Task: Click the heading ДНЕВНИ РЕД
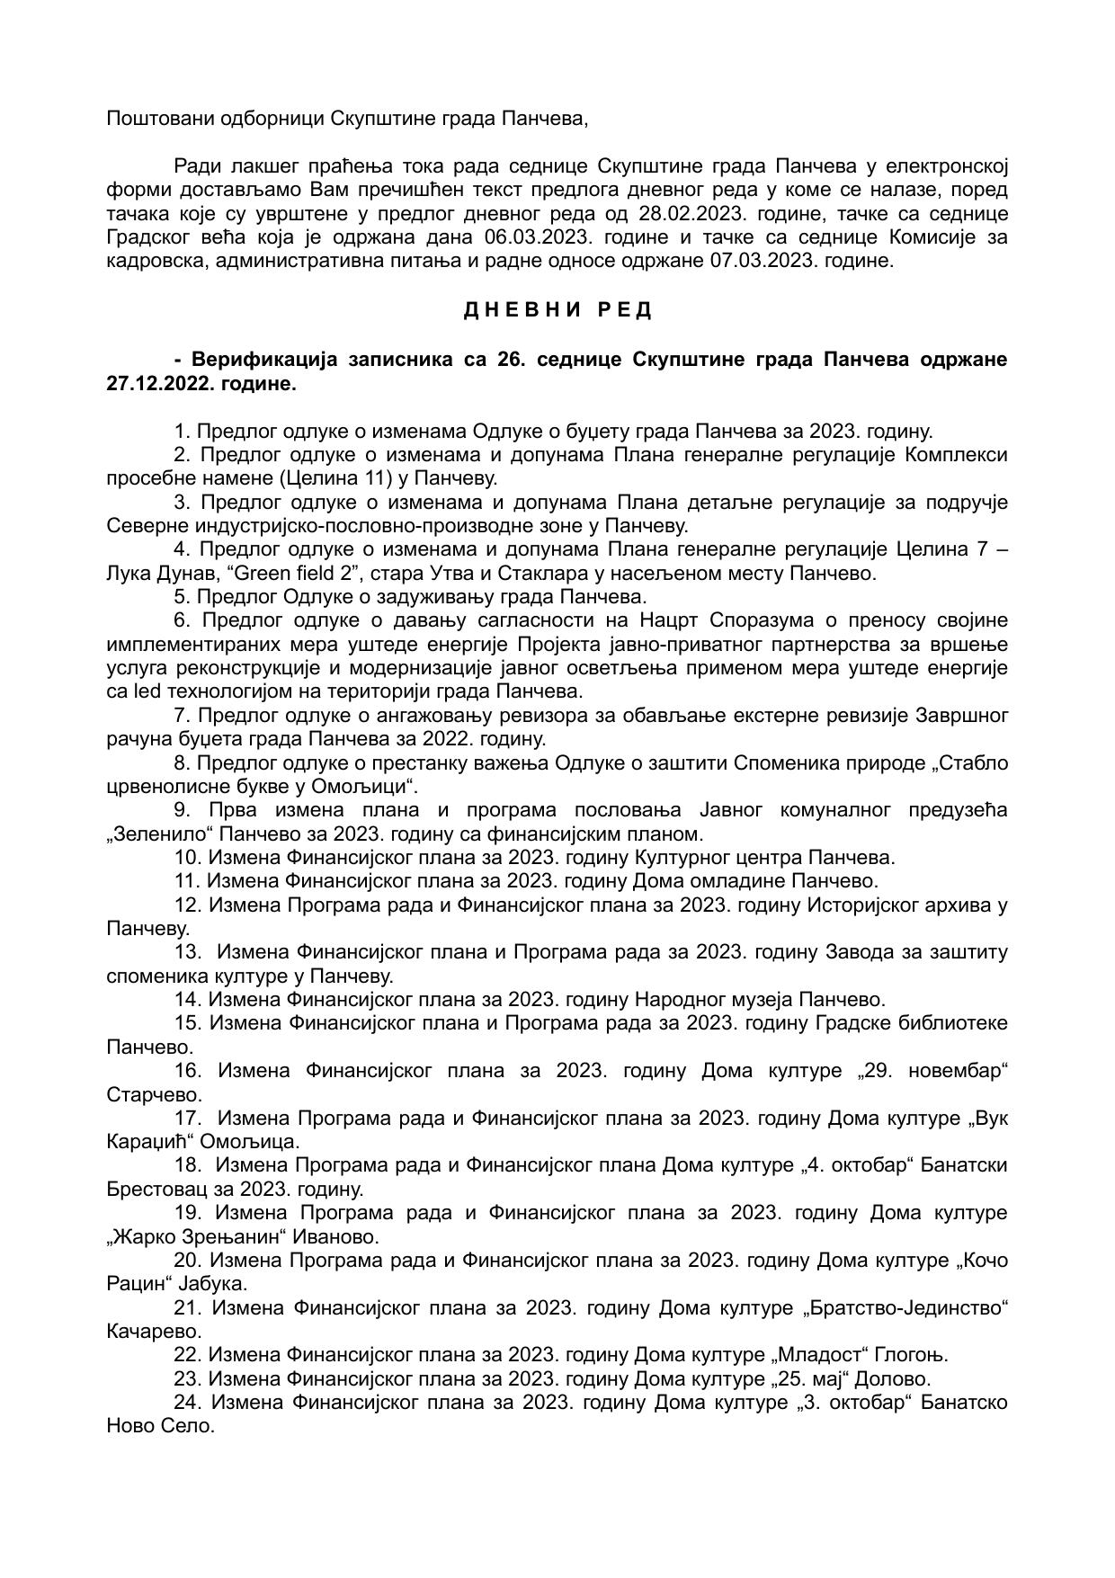pyautogui.click(x=557, y=310)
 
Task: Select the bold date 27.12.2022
pyautogui.click(x=153, y=384)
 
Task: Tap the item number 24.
pyautogui.click(x=187, y=1403)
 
